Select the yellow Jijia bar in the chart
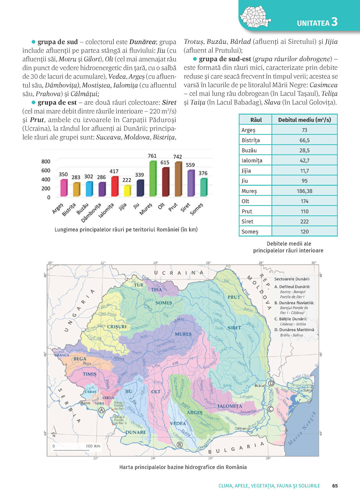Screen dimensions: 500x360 coord(127,191)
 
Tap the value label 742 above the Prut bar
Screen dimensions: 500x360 coord(177,157)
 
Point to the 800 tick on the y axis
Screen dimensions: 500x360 coord(46,162)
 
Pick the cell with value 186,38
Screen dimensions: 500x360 coord(305,191)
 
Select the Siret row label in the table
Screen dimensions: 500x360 coord(247,222)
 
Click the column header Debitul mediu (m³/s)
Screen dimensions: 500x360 coord(305,120)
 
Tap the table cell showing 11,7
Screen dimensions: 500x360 coord(305,171)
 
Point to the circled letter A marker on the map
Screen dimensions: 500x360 coord(102,410)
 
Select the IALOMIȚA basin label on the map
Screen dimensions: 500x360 coord(230,406)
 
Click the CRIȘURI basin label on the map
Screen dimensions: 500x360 coord(117,327)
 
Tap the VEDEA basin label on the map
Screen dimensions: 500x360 coord(178,423)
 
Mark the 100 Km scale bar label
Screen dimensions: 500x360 coord(93,446)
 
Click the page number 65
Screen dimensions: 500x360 coord(335,486)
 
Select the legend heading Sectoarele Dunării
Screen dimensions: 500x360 coord(292,279)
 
